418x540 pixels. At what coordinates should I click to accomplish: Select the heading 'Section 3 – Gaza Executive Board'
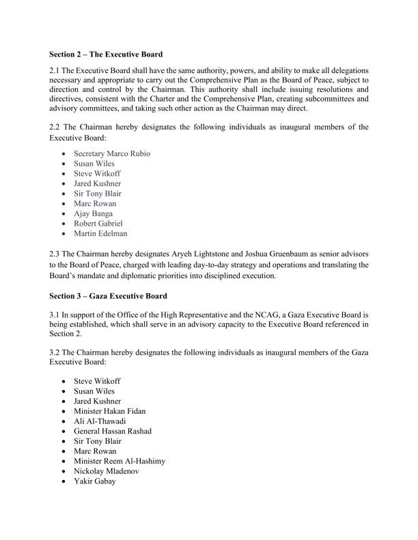coord(108,298)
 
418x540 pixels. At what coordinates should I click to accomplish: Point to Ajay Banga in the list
coord(94,213)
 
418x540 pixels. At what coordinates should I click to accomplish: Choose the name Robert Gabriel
coord(100,224)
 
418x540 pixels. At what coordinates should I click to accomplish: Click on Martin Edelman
coord(100,234)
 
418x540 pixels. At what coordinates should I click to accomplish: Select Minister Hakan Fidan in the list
coord(109,411)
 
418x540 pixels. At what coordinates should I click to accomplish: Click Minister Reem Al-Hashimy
coord(119,462)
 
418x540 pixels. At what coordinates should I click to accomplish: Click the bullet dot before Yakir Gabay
coord(64,482)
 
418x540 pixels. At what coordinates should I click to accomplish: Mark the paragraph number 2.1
coord(55,71)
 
